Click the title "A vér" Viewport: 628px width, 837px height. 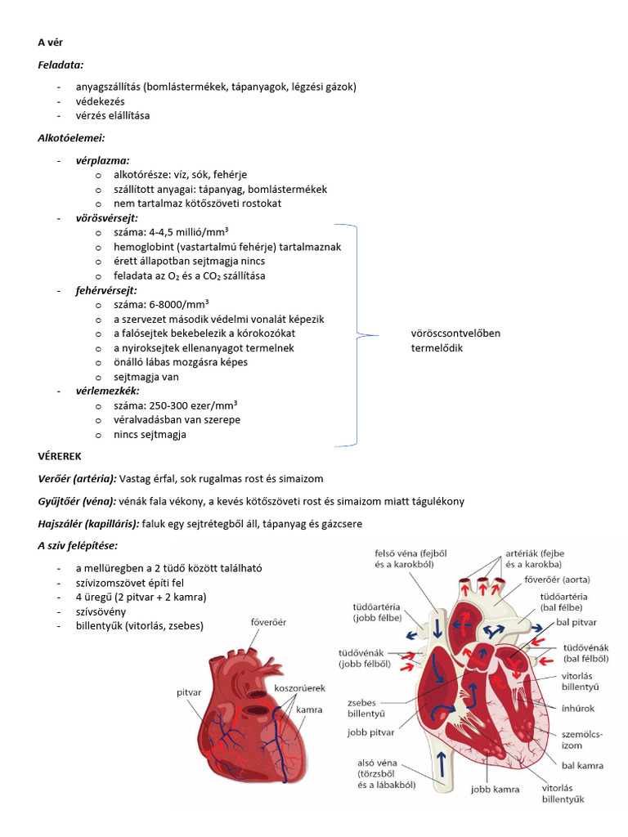(x=50, y=43)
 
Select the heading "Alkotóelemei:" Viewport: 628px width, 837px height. (x=71, y=137)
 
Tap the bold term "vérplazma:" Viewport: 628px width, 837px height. (x=102, y=160)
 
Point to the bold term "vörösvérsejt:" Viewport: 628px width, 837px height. (x=106, y=218)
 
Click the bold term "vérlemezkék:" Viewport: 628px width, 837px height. (x=106, y=392)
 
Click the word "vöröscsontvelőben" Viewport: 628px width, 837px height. (x=455, y=333)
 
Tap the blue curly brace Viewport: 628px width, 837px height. (x=357, y=334)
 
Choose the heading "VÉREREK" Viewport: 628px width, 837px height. (x=60, y=455)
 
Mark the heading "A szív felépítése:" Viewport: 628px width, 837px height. (x=78, y=545)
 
